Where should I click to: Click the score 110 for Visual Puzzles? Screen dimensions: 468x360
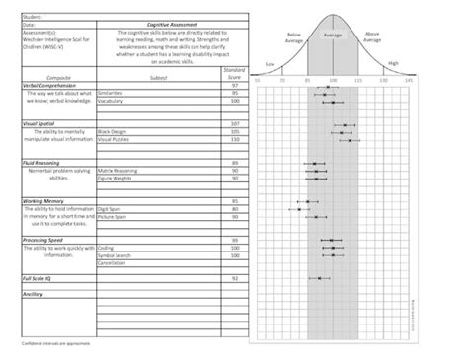pyautogui.click(x=235, y=139)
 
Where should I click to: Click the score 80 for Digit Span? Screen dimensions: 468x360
pyautogui.click(x=235, y=208)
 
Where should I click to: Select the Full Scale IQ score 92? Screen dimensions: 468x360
pyautogui.click(x=235, y=278)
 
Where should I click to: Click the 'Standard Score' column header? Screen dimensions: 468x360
pyautogui.click(x=235, y=74)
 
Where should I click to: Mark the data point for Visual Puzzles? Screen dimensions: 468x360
pyautogui.click(x=350, y=140)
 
